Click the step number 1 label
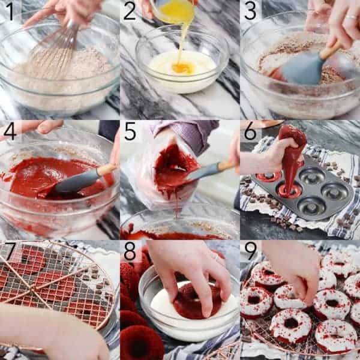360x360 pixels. pyautogui.click(x=10, y=11)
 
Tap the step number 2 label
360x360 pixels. pyautogui.click(x=130, y=11)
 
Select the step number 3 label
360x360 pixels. pyautogui.click(x=250, y=11)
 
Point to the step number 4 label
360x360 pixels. pyautogui.click(x=10, y=131)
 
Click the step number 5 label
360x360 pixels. pyautogui.click(x=130, y=131)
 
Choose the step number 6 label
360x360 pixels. pyautogui.click(x=250, y=131)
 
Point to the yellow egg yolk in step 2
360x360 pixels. pyautogui.click(x=182, y=68)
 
